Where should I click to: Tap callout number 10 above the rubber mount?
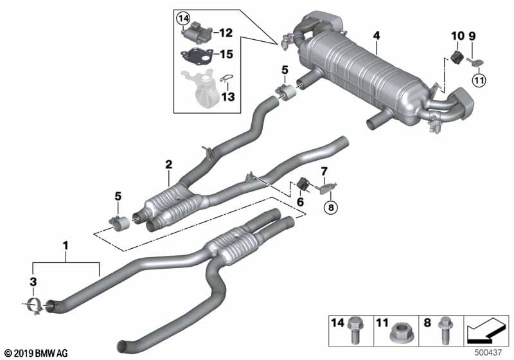tap(457, 35)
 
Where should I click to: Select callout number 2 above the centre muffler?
tap(168, 165)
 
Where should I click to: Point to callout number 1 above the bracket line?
tap(64, 245)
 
